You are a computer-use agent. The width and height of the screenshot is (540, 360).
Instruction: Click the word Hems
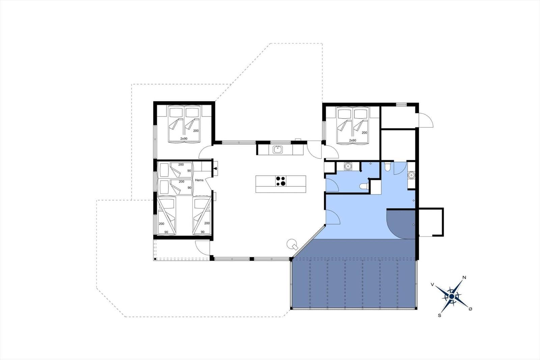point(199,180)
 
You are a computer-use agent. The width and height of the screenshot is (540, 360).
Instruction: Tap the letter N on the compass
point(464,278)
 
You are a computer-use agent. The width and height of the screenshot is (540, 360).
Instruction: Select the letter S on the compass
point(439,315)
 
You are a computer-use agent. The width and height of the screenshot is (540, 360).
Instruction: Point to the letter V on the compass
point(432,285)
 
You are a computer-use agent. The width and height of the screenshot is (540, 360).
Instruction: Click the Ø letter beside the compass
point(470,309)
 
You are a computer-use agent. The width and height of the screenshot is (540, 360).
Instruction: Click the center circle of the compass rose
point(452,297)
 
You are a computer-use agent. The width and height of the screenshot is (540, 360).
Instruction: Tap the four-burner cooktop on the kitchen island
point(281,181)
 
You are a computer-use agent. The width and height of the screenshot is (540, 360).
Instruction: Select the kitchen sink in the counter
point(278,149)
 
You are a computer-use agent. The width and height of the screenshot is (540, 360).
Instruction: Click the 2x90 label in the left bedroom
point(184,138)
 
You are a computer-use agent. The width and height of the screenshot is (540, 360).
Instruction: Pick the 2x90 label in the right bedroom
point(352,140)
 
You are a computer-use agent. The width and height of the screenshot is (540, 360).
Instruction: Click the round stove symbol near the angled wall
point(291,243)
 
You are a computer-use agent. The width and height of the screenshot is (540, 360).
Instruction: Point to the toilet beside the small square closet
point(364,186)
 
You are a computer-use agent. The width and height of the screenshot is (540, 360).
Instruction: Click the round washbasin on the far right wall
point(411,175)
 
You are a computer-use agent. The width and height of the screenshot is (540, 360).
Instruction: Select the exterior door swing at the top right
point(425,120)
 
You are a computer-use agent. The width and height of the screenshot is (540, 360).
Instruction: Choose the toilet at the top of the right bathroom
point(387,166)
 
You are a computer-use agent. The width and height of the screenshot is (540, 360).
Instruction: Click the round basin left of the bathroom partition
point(348,166)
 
